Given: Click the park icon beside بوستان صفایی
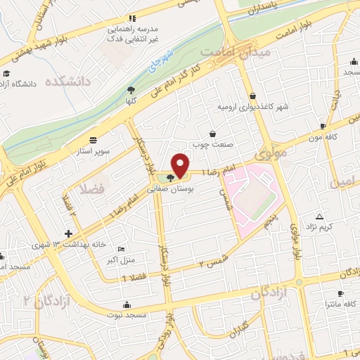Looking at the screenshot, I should tap(170, 177).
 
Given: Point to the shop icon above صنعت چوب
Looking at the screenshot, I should tap(213, 133).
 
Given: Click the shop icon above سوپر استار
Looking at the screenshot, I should tap(94, 139).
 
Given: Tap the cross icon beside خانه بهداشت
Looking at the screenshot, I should tap(68, 233).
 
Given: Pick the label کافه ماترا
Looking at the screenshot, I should tap(340, 304).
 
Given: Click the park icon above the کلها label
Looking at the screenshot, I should tap(131, 89).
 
